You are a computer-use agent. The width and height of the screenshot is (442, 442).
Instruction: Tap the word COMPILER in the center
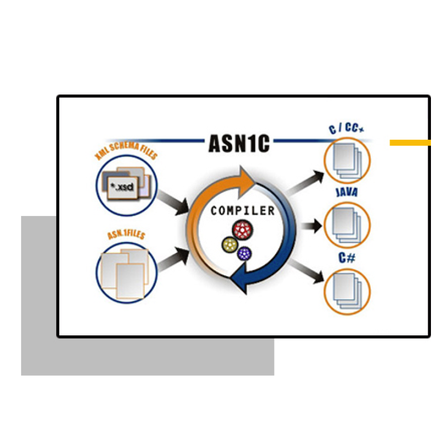point(243,211)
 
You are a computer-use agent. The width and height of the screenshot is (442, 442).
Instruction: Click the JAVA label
point(346,193)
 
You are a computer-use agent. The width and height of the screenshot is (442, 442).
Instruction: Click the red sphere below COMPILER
point(242,229)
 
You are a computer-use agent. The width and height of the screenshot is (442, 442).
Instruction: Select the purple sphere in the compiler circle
point(245,254)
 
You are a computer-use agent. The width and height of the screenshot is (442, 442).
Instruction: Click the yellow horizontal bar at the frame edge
point(410,143)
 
